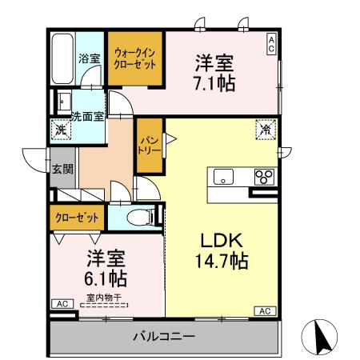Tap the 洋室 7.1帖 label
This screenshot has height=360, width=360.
[x=214, y=72]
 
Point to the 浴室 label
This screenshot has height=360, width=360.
[x=89, y=58]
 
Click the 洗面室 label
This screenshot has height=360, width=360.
[x=86, y=116]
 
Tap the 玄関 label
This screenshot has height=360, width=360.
[x=63, y=168]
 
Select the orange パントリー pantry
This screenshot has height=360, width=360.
[x=148, y=145]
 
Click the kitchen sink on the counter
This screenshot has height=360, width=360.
[x=222, y=176]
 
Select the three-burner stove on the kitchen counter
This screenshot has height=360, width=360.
[x=262, y=176]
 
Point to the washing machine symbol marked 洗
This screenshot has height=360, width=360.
[x=61, y=129]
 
